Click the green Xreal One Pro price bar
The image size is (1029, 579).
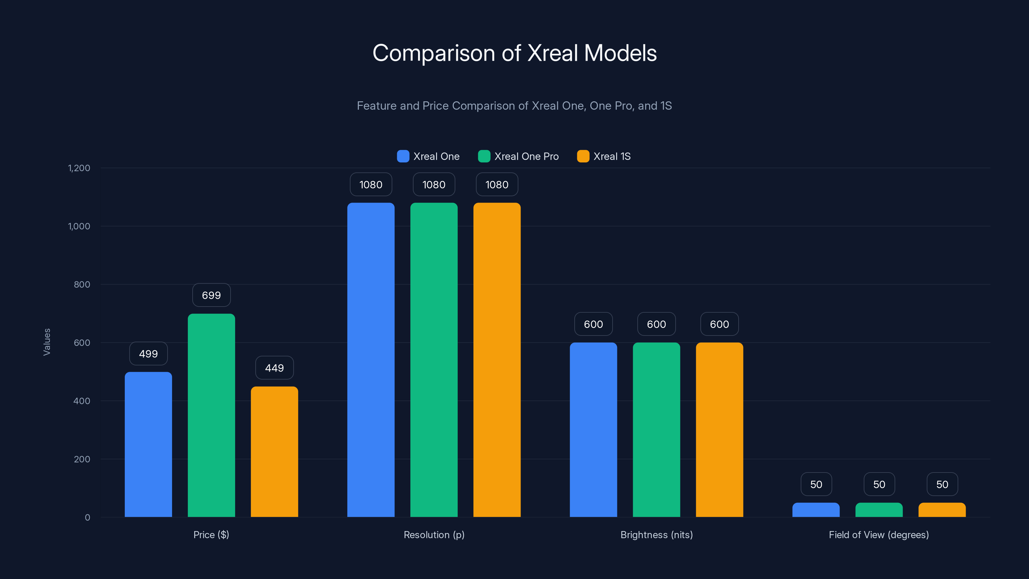point(211,416)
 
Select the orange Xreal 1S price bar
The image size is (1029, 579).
point(274,452)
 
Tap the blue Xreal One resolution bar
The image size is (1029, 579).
point(371,360)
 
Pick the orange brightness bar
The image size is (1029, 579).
point(719,429)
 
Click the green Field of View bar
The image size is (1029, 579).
point(879,510)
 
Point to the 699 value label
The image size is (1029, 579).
point(211,295)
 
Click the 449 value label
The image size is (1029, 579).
point(274,368)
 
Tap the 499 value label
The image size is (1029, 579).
point(148,354)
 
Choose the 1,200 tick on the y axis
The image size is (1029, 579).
point(79,168)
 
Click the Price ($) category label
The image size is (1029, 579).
point(211,535)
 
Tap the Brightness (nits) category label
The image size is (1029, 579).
point(656,535)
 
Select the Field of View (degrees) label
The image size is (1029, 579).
point(879,535)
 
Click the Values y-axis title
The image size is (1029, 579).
point(47,342)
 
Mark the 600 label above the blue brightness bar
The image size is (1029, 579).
point(593,324)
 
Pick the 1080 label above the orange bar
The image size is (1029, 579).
point(496,185)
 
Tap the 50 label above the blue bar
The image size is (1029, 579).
point(816,484)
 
